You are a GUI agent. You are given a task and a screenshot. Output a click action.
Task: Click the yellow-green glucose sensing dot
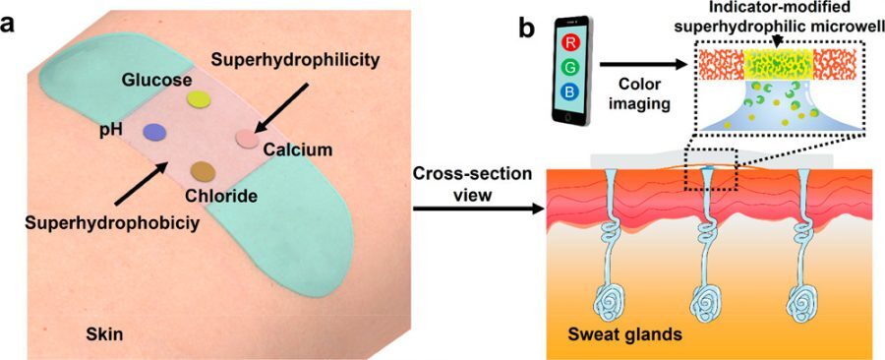click(x=200, y=98)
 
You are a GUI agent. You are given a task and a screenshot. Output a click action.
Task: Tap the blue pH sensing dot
click(x=153, y=132)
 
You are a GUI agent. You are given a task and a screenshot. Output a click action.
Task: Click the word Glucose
click(x=151, y=78)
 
